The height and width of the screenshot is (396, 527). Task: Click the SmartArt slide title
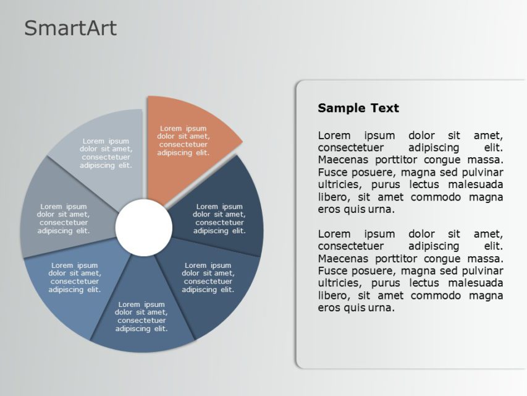click(70, 28)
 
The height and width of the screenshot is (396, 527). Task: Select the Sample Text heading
click(358, 108)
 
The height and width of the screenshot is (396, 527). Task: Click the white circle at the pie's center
click(144, 228)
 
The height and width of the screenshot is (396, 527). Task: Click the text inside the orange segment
click(183, 141)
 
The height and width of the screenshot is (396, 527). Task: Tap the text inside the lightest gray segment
click(106, 153)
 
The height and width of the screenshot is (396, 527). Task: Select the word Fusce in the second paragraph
click(332, 271)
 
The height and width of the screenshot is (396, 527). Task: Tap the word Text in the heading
click(384, 108)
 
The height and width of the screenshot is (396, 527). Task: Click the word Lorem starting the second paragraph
click(334, 234)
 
